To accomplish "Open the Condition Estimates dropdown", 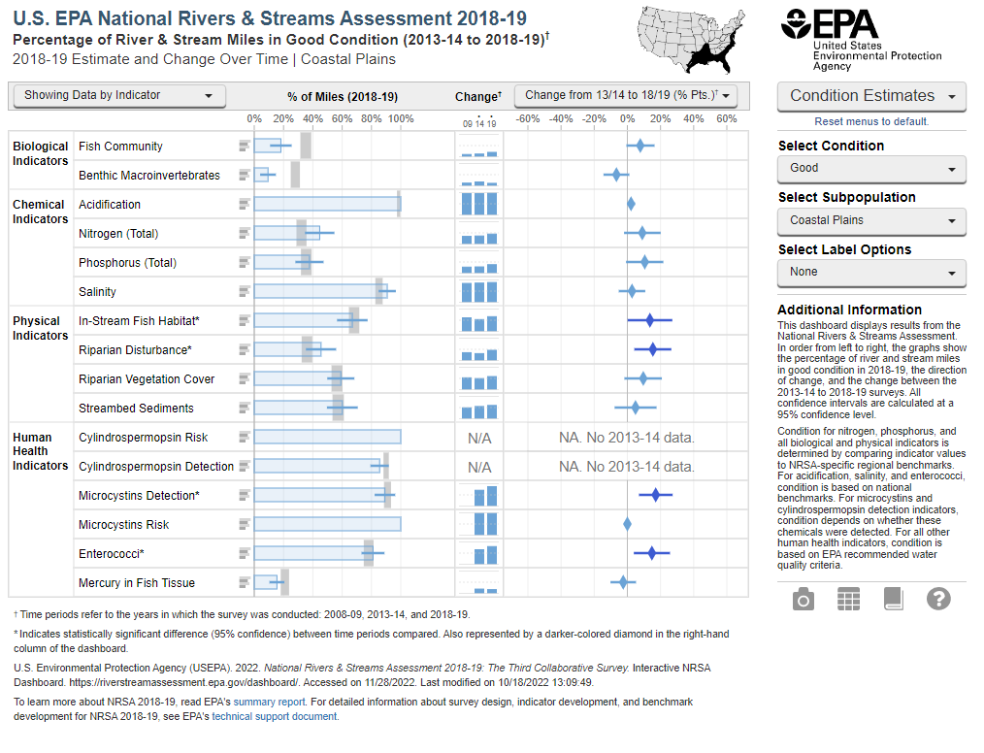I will (x=871, y=96).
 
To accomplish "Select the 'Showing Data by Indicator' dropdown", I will (x=117, y=95).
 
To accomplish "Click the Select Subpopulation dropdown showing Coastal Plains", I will (x=871, y=220).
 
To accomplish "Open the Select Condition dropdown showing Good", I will (x=871, y=168).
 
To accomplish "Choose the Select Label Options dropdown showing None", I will (x=871, y=273).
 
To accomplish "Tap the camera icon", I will (x=804, y=600).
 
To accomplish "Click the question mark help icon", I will (x=938, y=600).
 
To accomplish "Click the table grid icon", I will (x=848, y=600).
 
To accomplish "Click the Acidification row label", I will (x=110, y=205).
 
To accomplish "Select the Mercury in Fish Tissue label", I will (x=137, y=583).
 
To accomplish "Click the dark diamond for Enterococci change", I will (x=651, y=553).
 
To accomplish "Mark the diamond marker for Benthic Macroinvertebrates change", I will (x=614, y=175).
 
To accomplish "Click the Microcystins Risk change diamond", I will (x=627, y=525).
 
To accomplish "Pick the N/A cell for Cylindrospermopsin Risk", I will (x=479, y=438).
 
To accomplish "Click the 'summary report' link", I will (x=279, y=702).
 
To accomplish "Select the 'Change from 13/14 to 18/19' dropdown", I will (x=626, y=95).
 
